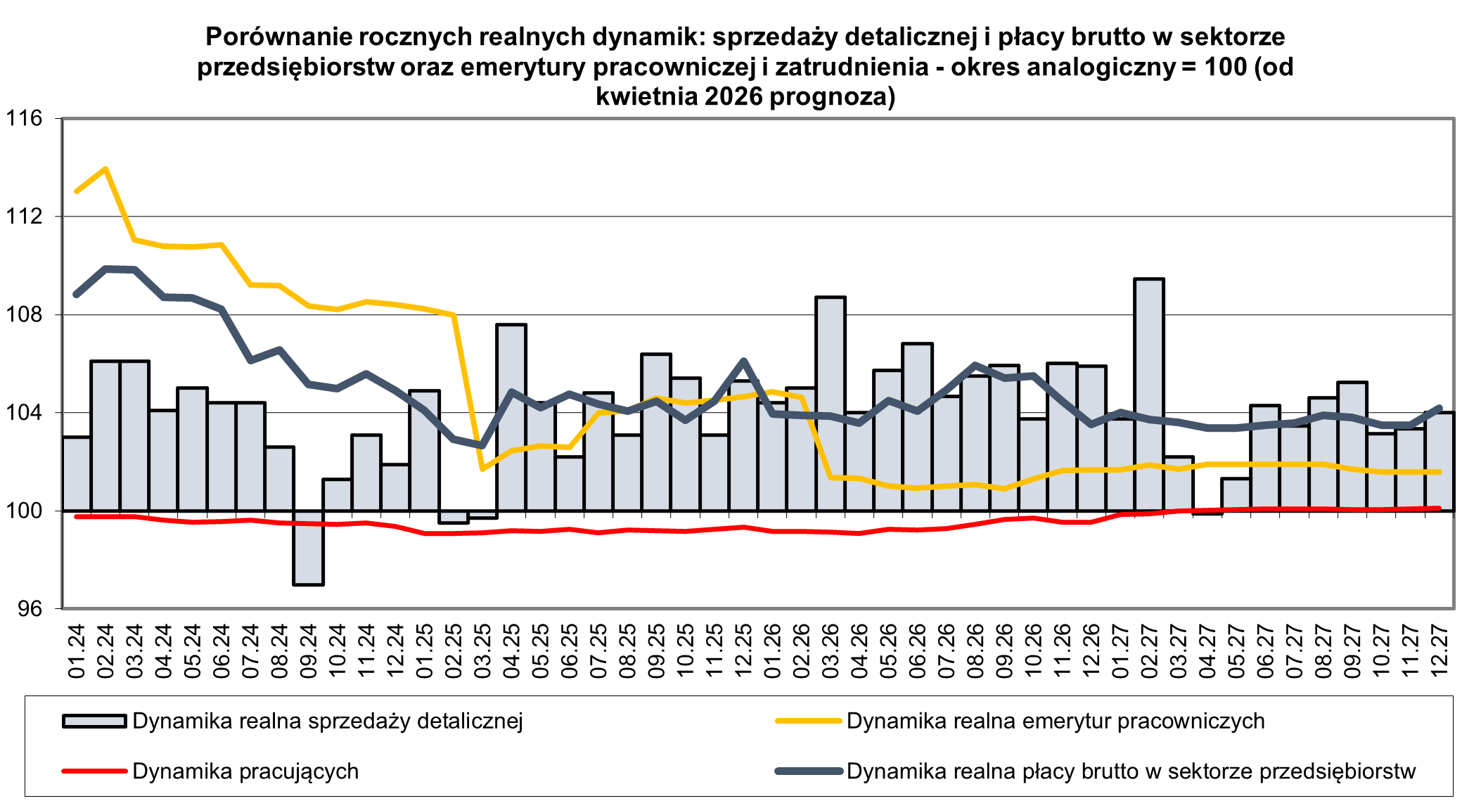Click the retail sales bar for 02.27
pyautogui.click(x=1148, y=394)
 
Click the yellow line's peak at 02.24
pyautogui.click(x=105, y=169)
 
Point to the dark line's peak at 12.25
pyautogui.click(x=743, y=361)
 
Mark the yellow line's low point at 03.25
pyautogui.click(x=482, y=469)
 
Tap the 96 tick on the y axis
pyautogui.click(x=30, y=608)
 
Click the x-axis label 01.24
pyautogui.click(x=77, y=650)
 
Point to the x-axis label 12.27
pyautogui.click(x=1439, y=650)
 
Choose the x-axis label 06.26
pyautogui.click(x=918, y=650)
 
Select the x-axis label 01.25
pyautogui.click(x=425, y=650)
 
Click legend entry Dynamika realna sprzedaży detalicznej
pyautogui.click(x=327, y=721)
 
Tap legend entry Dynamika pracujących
pyautogui.click(x=245, y=771)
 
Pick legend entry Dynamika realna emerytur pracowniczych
pyautogui.click(x=1055, y=721)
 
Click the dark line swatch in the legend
pyautogui.click(x=809, y=771)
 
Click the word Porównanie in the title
pyautogui.click(x=274, y=37)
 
